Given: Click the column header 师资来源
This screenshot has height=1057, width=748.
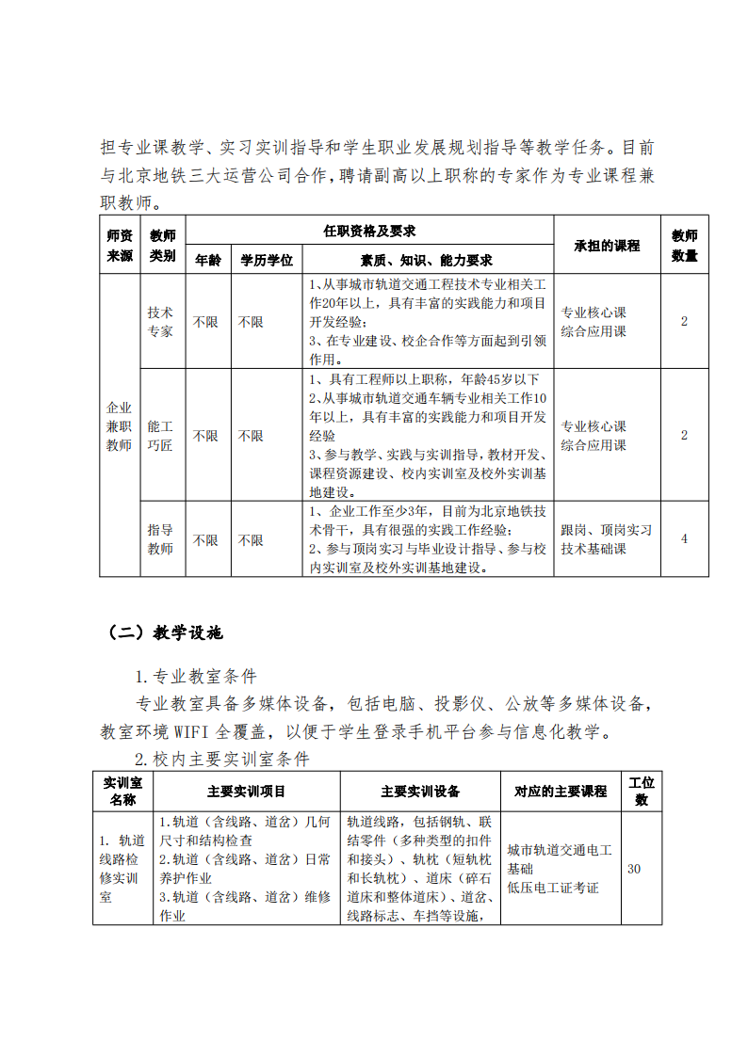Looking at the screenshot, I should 119,245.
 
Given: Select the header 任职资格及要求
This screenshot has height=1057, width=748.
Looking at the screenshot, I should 369,230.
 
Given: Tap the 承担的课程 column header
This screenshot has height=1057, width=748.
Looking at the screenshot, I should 607,245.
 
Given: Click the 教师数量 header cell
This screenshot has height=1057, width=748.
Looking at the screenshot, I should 684,245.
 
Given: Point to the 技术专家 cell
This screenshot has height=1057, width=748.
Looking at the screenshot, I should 160,321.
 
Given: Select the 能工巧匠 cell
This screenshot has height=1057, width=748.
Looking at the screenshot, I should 160,436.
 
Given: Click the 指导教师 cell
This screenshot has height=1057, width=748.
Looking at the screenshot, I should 160,539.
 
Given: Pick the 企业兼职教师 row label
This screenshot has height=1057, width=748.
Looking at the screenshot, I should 119,425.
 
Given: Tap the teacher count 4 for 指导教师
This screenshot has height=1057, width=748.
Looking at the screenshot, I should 684,538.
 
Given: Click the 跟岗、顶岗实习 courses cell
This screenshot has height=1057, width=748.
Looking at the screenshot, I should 606,539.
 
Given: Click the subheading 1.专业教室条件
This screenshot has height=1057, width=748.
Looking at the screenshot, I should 196,677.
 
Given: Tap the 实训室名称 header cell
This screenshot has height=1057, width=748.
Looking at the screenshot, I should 122,791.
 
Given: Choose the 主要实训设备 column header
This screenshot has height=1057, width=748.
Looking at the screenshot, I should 420,792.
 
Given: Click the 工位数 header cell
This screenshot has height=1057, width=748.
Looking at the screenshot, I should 641,791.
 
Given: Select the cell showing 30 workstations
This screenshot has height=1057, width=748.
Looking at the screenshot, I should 634,869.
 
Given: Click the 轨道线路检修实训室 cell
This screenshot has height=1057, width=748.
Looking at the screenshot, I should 122,869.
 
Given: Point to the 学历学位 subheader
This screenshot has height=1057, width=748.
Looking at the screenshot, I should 267,260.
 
